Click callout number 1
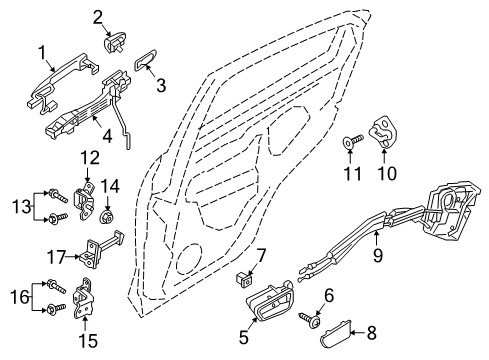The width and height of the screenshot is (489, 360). click(x=43, y=52)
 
